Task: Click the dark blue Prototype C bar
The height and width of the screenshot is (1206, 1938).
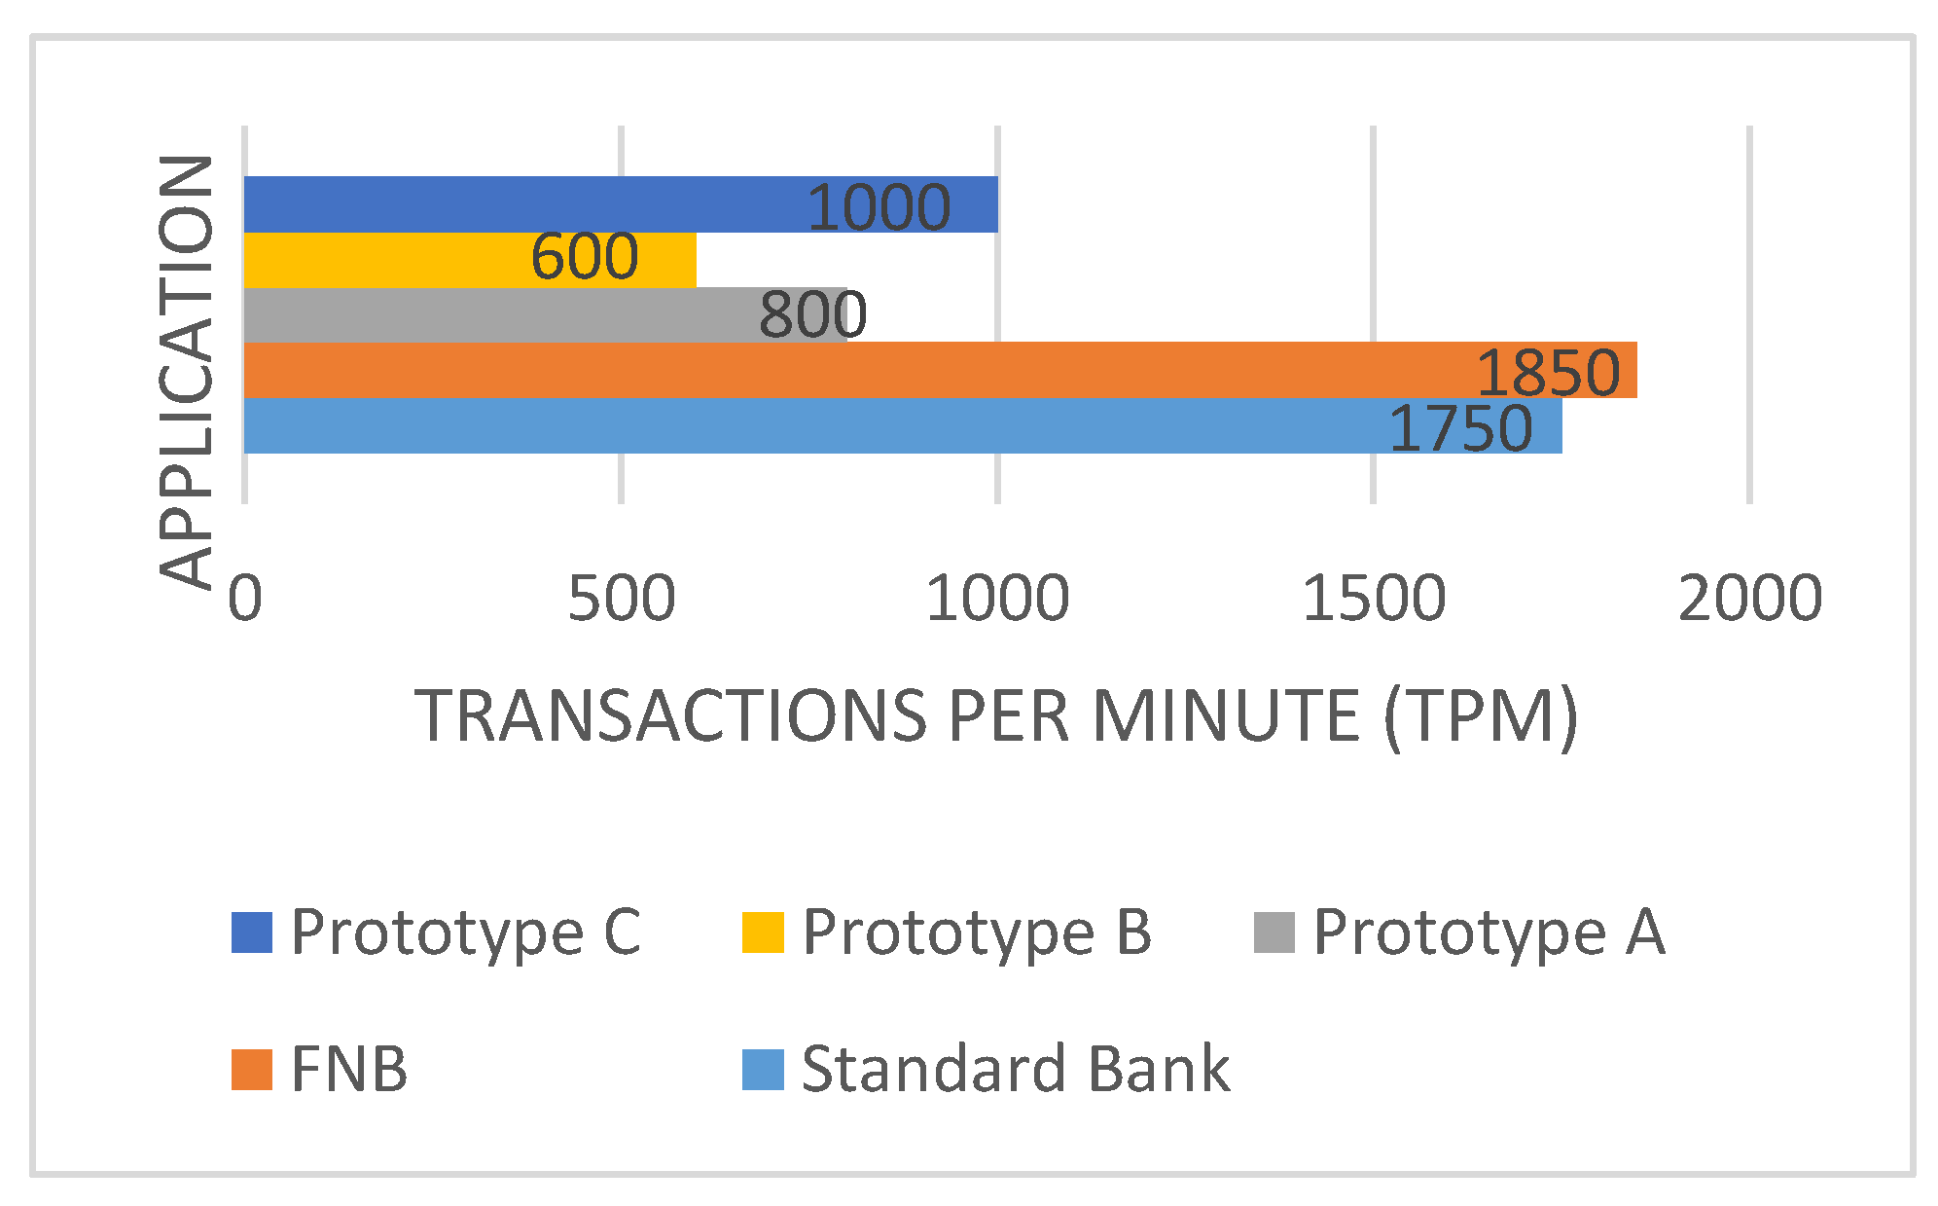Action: click(x=525, y=204)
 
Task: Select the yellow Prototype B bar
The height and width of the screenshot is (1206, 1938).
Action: click(x=389, y=260)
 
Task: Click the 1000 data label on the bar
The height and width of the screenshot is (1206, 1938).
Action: click(x=879, y=207)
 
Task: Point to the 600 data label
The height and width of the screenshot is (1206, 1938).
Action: click(x=585, y=257)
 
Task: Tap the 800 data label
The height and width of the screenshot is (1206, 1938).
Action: click(x=812, y=314)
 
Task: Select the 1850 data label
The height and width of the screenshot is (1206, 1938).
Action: click(x=1548, y=372)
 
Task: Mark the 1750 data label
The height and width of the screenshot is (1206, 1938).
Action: click(x=1460, y=428)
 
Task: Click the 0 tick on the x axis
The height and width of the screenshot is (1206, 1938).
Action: click(x=245, y=598)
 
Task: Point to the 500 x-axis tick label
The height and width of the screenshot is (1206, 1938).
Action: click(x=621, y=598)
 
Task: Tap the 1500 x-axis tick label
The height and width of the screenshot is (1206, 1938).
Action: click(x=1373, y=598)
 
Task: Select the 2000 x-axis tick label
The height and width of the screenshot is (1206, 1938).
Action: click(x=1749, y=598)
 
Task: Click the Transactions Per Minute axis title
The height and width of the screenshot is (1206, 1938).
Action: click(x=996, y=716)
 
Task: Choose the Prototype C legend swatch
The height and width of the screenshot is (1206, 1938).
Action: click(x=251, y=932)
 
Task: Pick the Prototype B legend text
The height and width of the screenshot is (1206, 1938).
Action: click(x=976, y=932)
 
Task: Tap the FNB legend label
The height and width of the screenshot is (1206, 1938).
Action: click(x=349, y=1069)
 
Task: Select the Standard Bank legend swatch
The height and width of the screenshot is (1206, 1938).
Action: click(x=763, y=1069)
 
